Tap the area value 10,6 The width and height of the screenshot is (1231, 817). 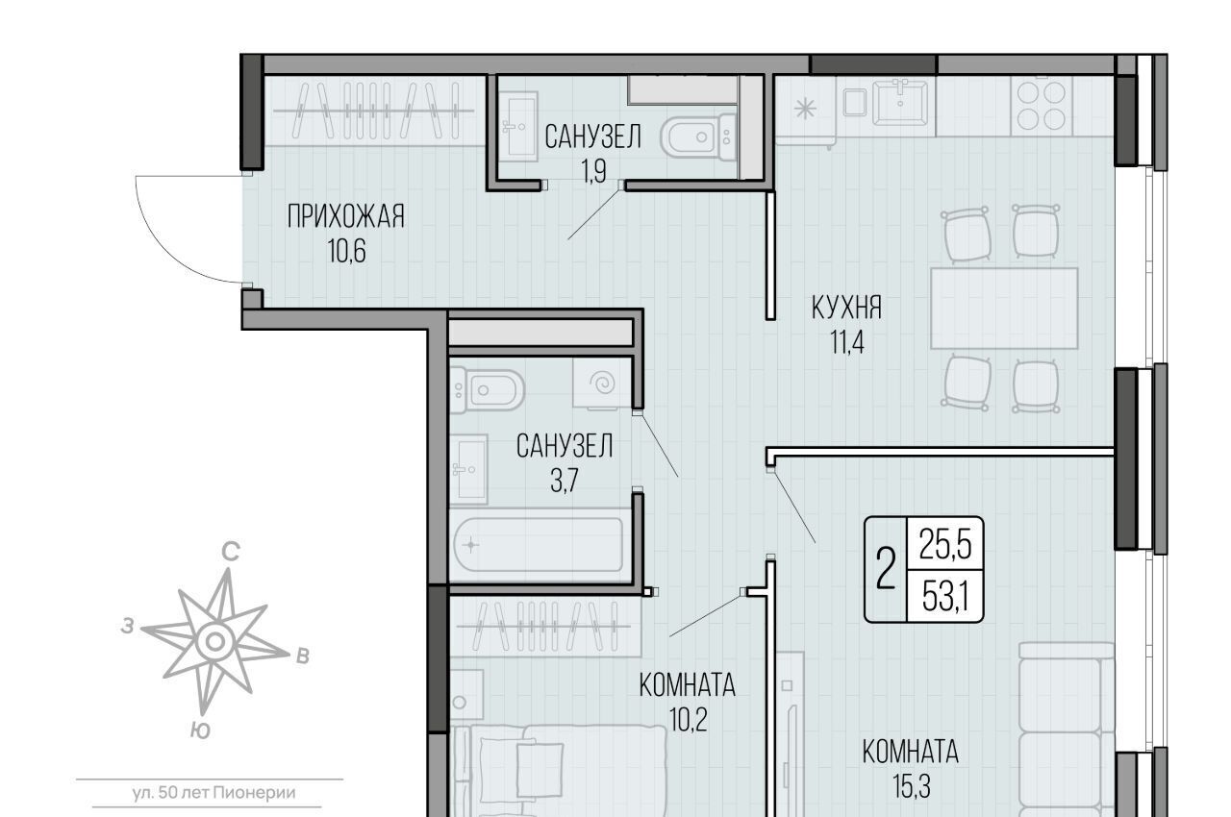coord(347,252)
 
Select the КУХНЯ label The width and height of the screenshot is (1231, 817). coord(846,308)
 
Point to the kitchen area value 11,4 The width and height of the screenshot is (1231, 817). coord(847,342)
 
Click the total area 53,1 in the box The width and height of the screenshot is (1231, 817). coord(945,597)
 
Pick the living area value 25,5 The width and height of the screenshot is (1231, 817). coord(945,545)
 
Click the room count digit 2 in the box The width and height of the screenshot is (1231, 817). coord(886,569)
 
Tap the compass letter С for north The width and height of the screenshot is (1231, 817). coord(231,552)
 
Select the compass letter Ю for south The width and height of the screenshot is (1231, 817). coord(201,730)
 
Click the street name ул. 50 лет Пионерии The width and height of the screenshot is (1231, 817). coord(214,793)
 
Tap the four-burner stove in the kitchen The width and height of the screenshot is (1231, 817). coord(1042,106)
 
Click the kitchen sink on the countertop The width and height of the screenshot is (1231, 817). coord(899,102)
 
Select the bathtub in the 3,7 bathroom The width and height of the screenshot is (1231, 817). coord(539,545)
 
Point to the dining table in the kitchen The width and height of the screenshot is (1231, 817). coord(1004,308)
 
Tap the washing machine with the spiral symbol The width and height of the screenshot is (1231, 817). coord(602,384)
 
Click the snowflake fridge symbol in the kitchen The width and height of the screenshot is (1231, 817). coord(805,109)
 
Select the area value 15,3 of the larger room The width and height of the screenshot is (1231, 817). coord(911,787)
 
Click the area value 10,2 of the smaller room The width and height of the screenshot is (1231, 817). coord(688,720)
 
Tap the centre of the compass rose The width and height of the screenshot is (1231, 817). coord(215,641)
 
